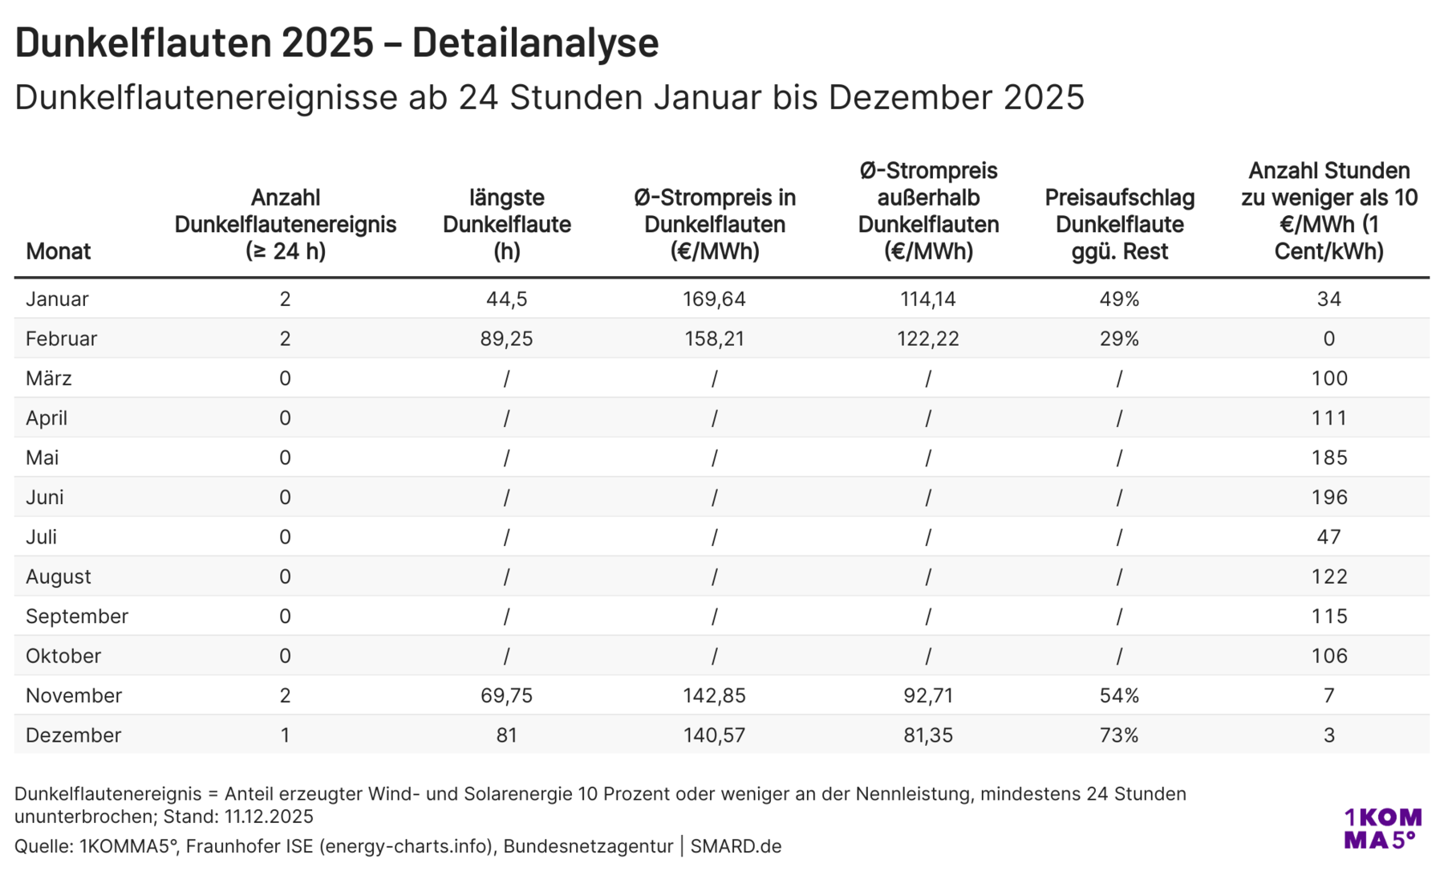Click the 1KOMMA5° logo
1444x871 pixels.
pos(1382,828)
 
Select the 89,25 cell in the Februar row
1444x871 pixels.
pos(506,339)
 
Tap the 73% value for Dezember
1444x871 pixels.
pos(1119,735)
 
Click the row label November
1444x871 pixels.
pos(74,696)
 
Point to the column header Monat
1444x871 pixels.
pos(58,251)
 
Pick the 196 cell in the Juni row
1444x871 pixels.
pos(1328,498)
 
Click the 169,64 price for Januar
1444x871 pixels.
pos(714,299)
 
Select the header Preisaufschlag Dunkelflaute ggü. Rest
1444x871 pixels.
pos(1119,224)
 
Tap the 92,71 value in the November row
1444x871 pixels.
pos(928,696)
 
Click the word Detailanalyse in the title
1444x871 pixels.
pos(535,43)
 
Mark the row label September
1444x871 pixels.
pos(77,617)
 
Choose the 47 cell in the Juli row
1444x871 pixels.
pos(1328,537)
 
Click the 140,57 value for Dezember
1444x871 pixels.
pos(714,735)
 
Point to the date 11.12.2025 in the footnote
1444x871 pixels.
pos(269,816)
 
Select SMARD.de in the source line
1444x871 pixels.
pos(736,846)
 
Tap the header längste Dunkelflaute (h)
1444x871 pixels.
pos(506,224)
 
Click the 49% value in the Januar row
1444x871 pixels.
pos(1119,299)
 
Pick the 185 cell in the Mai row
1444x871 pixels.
pos(1328,458)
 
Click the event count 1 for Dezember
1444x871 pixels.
pos(285,735)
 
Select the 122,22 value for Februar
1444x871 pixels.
pos(928,339)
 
